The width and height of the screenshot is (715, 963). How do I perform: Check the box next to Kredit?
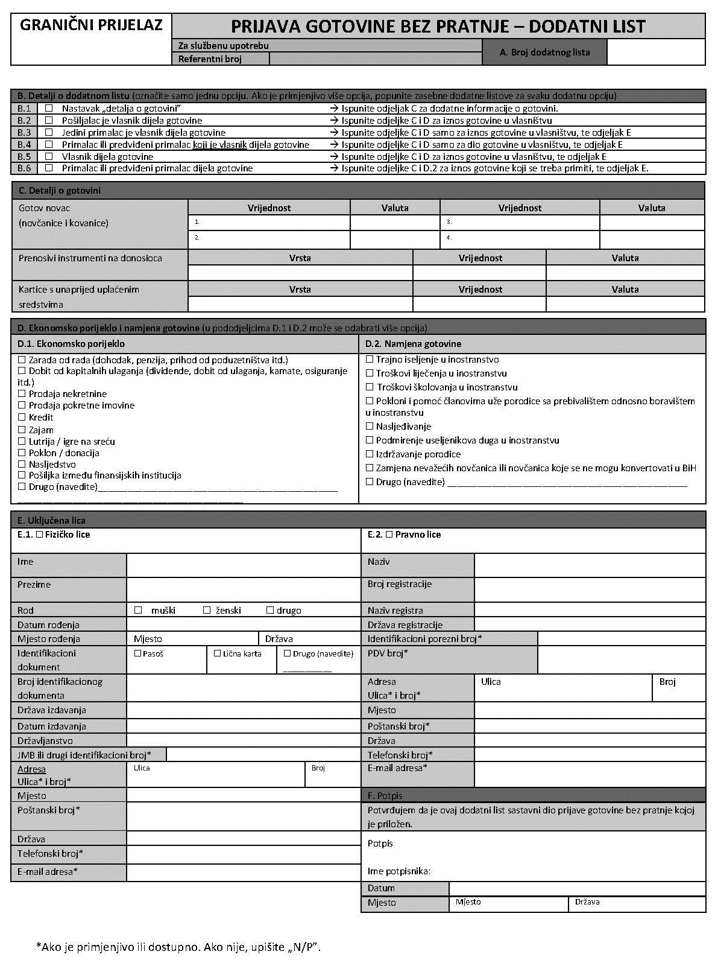(22, 418)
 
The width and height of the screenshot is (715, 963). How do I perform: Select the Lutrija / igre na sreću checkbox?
(22, 442)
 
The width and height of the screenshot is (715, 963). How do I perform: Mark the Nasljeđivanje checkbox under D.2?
(370, 427)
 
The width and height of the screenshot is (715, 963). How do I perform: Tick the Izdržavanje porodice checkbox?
(370, 454)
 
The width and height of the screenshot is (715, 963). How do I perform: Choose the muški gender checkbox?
(138, 611)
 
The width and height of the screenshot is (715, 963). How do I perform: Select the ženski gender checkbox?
(207, 611)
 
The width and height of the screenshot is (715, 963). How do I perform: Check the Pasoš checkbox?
(137, 653)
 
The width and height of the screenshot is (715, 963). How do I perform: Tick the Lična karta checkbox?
(218, 653)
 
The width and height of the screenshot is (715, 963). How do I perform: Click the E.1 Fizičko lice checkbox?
(39, 535)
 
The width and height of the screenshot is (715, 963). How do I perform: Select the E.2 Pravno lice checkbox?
(389, 535)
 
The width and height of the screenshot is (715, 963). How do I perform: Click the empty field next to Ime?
(243, 565)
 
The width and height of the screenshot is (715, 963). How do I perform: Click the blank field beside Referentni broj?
(375, 59)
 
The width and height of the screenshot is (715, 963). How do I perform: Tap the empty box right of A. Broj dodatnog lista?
(655, 52)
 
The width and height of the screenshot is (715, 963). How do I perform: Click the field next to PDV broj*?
(621, 659)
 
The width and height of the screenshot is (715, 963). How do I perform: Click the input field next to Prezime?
(243, 590)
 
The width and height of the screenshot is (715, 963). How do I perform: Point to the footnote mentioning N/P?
(178, 947)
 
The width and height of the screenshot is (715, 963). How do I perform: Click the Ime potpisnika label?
(398, 871)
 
